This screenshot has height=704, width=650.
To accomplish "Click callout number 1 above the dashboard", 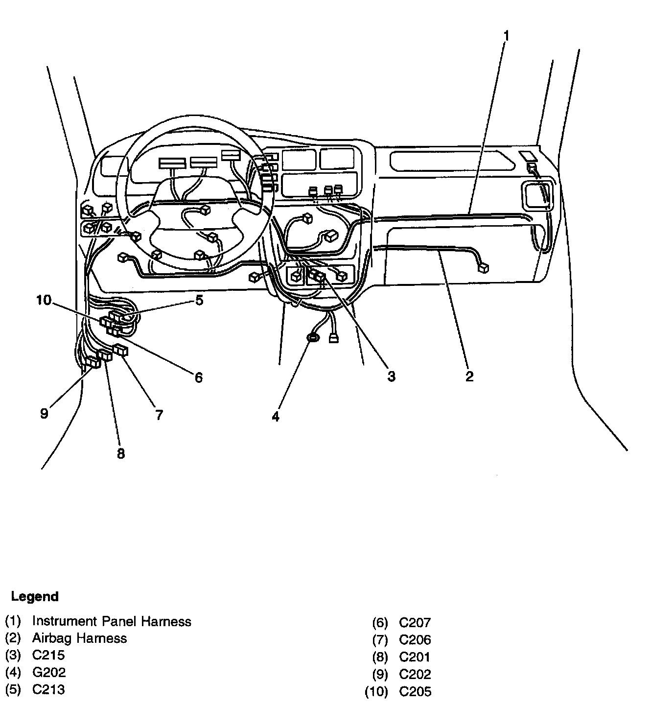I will (507, 36).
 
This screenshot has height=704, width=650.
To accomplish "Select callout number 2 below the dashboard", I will (469, 376).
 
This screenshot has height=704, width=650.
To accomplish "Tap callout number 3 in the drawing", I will (391, 376).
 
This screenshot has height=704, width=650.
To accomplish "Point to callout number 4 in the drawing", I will (276, 417).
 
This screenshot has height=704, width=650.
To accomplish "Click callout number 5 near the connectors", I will (199, 300).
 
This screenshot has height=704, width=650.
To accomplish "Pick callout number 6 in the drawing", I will (198, 377).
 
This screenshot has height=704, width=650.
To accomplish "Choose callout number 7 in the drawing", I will (159, 415).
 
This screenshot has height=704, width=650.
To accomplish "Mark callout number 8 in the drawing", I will (121, 454).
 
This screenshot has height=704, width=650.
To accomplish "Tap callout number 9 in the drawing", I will (45, 414).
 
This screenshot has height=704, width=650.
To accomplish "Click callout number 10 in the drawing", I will (44, 300).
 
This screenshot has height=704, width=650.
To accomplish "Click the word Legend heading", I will (35, 596).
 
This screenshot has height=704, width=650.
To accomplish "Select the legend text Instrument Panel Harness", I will (112, 621).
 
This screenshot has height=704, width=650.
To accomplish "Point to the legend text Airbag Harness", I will (79, 638).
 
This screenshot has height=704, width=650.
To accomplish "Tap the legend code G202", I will (49, 673).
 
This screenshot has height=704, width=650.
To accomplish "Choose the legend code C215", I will (48, 655).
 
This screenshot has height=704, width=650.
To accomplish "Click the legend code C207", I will (415, 623).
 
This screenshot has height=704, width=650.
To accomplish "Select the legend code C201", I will (415, 657).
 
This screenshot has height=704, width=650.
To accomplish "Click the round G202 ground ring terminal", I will (312, 337).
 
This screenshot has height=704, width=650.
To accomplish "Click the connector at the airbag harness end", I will (484, 267).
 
